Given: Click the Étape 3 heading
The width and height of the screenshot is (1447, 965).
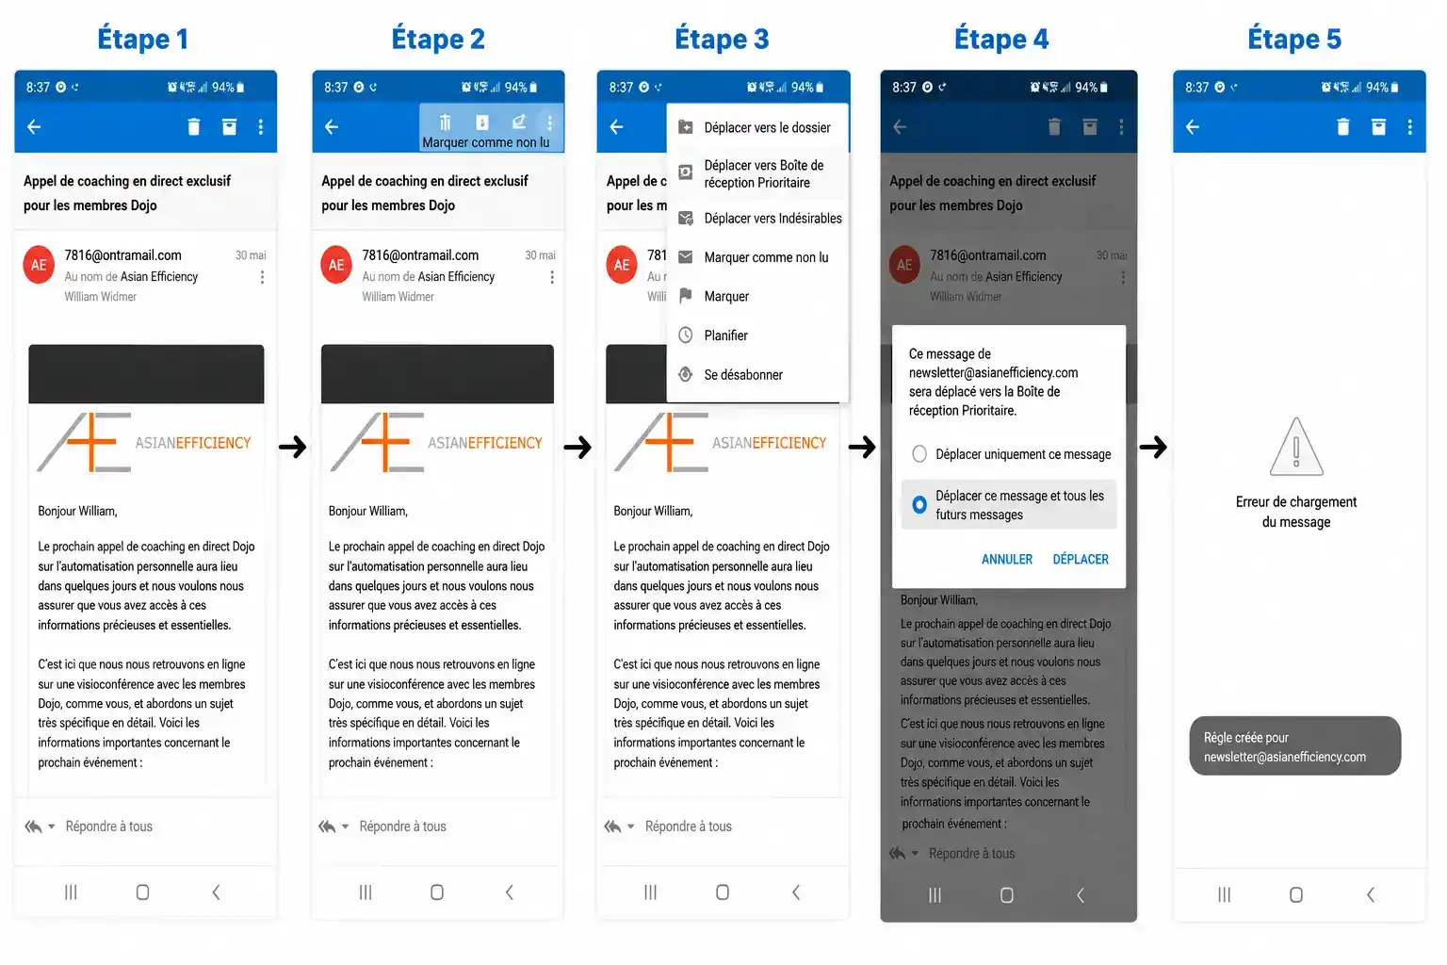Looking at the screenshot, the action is click(722, 39).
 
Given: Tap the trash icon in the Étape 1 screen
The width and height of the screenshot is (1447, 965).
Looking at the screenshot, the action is click(193, 126).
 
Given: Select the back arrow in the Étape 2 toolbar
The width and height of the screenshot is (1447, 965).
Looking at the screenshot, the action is click(332, 126).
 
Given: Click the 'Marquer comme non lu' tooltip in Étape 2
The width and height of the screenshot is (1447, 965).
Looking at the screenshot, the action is click(486, 142).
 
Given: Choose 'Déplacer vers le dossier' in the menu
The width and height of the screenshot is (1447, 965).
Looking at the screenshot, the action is click(767, 128).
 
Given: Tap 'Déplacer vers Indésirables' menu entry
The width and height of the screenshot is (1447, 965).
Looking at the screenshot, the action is click(772, 219).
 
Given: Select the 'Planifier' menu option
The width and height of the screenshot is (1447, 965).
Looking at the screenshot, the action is click(725, 335).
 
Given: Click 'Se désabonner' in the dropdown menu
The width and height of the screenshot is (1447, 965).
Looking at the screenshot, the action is click(743, 375).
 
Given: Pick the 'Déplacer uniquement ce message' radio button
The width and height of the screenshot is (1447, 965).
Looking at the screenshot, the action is click(919, 453).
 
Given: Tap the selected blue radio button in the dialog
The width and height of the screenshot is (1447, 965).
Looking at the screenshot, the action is click(919, 505).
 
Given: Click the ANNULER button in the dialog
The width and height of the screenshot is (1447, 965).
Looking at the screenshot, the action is click(1006, 559).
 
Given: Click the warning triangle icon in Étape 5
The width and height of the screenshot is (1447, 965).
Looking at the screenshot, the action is click(1296, 448).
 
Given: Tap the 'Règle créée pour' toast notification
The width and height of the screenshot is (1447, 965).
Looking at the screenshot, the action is click(1294, 745).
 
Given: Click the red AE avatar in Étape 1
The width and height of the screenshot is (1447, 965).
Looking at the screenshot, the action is click(39, 265).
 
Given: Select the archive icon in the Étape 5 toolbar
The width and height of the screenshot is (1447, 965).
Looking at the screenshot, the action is click(1378, 126).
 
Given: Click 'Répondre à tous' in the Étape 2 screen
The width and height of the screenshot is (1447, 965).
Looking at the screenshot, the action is click(402, 826).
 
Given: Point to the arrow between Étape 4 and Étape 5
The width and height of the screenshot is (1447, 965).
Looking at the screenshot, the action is click(1153, 447).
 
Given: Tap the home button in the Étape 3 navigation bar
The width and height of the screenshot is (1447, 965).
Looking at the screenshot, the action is click(723, 892).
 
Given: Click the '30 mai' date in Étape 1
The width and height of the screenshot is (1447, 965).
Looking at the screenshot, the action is click(251, 255).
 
